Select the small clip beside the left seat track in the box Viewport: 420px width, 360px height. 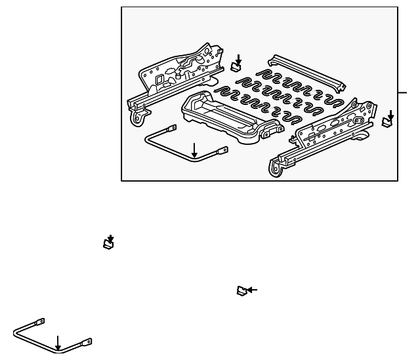(237, 66)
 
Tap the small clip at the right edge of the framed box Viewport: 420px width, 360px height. (387, 121)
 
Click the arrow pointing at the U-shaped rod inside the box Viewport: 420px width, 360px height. (194, 150)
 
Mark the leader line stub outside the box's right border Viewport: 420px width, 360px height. (402, 92)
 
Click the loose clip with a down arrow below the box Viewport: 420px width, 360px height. (109, 245)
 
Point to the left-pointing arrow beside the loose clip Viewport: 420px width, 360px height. (252, 289)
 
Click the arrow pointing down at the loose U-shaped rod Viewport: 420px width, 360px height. (58, 342)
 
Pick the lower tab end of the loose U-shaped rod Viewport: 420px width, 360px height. (86, 342)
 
